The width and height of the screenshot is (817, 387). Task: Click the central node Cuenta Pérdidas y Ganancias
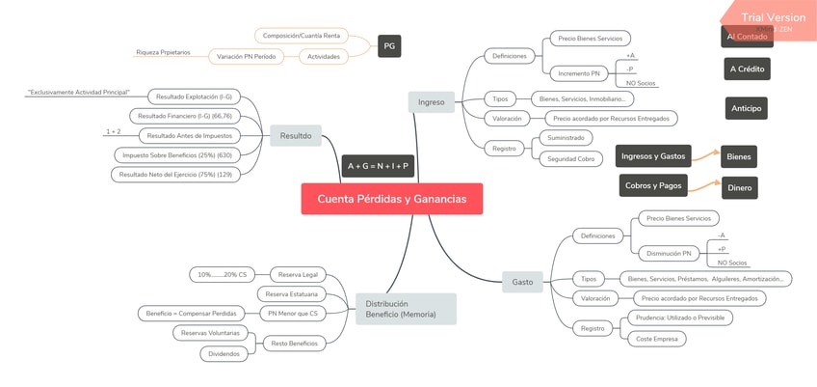pos(391,199)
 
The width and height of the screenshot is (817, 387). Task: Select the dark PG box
pos(388,45)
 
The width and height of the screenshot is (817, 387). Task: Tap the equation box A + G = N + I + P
pos(378,166)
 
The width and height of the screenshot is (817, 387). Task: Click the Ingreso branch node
pos(431,100)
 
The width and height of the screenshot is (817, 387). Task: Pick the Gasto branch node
pos(522,282)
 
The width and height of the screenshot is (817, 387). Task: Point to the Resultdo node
pos(295,136)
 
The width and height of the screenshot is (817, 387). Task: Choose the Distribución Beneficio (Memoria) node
pos(405,309)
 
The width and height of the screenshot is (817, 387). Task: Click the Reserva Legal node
pos(297,275)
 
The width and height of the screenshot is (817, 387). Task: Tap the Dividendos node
pos(226,354)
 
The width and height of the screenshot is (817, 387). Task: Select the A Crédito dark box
pos(747,69)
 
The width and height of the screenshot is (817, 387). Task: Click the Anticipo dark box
pos(747,108)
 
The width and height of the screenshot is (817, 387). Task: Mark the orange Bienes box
pos(739,156)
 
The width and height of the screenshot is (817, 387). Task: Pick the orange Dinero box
pos(739,188)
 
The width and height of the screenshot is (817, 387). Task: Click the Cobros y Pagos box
pos(652,184)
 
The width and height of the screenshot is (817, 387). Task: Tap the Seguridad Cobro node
pos(571,158)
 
